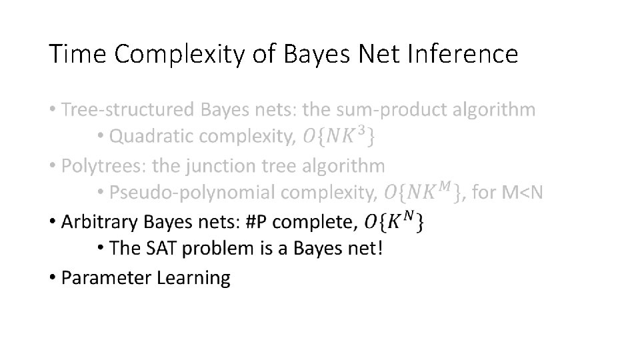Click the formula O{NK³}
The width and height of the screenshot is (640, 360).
pyautogui.click(x=338, y=137)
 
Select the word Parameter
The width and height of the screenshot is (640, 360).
pyautogui.click(x=106, y=277)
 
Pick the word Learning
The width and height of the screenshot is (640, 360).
pyautogui.click(x=193, y=278)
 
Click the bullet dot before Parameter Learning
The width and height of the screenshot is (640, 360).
pyautogui.click(x=52, y=277)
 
